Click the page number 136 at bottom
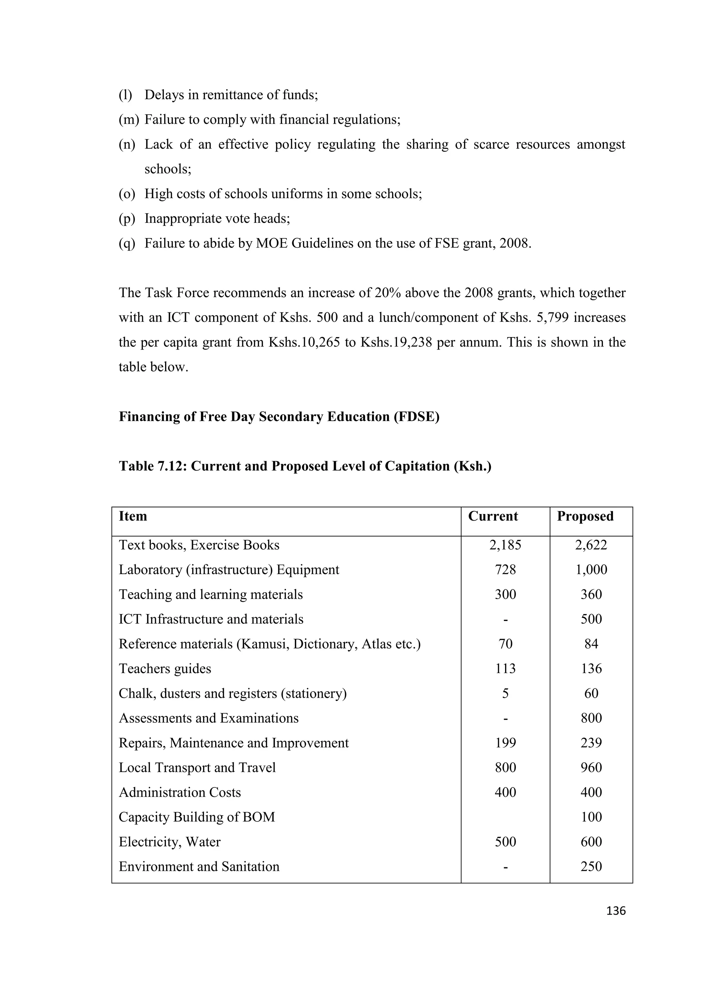616,911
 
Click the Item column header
133,516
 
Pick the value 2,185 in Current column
505,545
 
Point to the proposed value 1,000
591,570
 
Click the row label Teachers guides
165,669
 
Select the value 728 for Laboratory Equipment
505,570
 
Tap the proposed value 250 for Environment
591,867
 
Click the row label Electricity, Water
170,842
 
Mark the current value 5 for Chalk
505,694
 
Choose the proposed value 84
591,644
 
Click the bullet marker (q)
127,243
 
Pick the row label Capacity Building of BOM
197,817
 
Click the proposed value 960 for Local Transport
591,768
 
